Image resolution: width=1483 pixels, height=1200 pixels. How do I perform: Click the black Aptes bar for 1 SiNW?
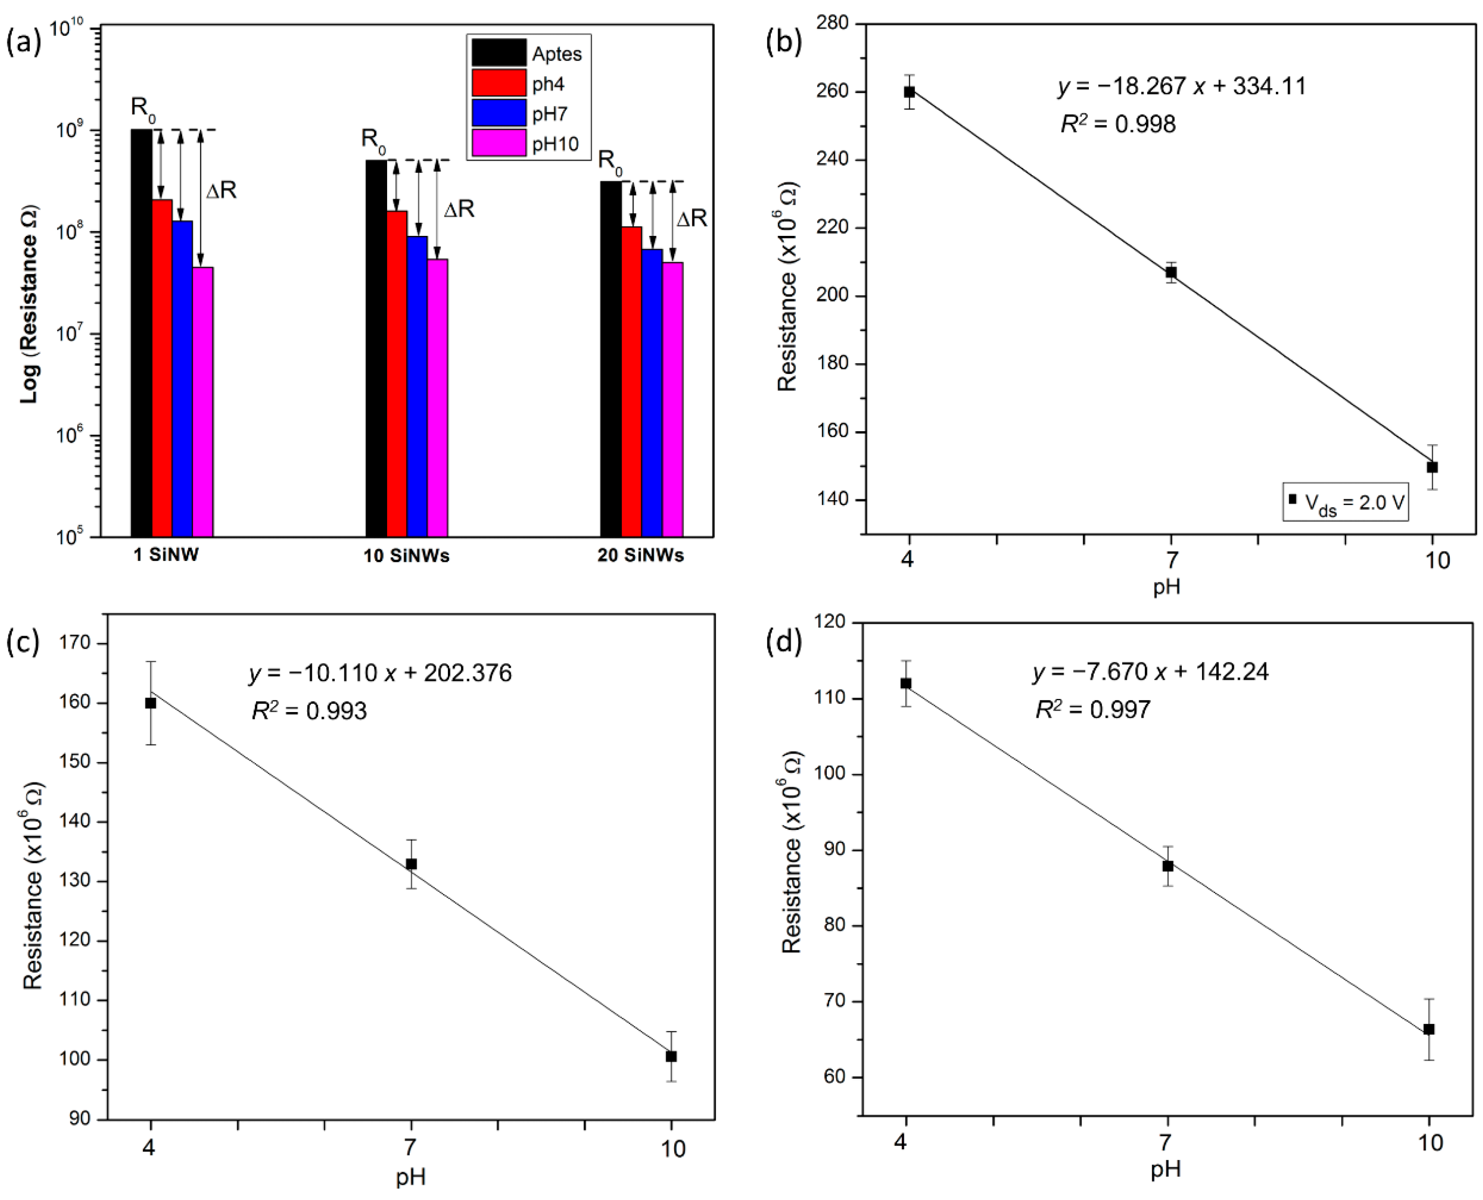(x=141, y=332)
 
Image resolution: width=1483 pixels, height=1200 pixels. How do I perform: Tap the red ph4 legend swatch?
(x=499, y=83)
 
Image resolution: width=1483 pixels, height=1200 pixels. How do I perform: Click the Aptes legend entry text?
(x=557, y=54)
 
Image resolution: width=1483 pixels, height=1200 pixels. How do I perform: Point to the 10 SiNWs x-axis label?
(x=406, y=556)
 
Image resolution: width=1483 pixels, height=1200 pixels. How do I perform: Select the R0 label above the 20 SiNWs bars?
(x=610, y=160)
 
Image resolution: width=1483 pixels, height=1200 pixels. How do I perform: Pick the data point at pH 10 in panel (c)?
(x=671, y=1056)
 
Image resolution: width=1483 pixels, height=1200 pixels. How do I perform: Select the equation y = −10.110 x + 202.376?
(x=380, y=673)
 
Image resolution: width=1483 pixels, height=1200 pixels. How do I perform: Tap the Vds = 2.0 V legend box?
(x=1345, y=502)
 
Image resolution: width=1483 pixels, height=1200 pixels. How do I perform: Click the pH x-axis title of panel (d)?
(x=1166, y=1169)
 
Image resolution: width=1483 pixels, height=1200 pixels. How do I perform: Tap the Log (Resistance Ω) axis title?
(x=29, y=304)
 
